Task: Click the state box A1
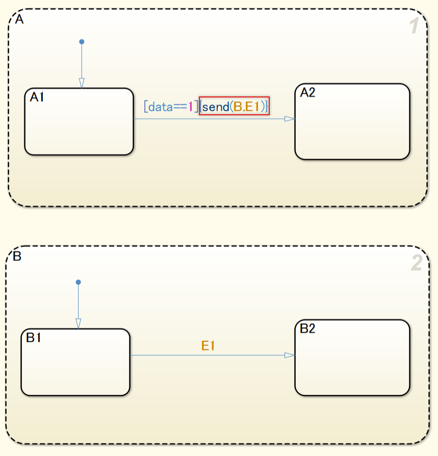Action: point(79,122)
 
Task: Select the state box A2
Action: point(352,122)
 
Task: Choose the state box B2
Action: point(352,358)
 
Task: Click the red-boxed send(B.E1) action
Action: point(234,106)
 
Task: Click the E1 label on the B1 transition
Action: point(208,346)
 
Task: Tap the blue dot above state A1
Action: point(82,41)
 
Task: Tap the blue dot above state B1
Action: point(78,282)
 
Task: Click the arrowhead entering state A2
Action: point(290,119)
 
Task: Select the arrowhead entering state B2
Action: point(290,355)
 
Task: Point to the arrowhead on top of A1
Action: point(82,83)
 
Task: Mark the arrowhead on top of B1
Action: point(78,323)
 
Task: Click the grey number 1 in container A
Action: point(415,27)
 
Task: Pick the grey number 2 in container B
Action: point(416,263)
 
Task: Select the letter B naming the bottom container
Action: point(17,256)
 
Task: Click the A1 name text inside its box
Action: point(37,97)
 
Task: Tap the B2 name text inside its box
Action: point(307,328)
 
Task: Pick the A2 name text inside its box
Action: point(308,92)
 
